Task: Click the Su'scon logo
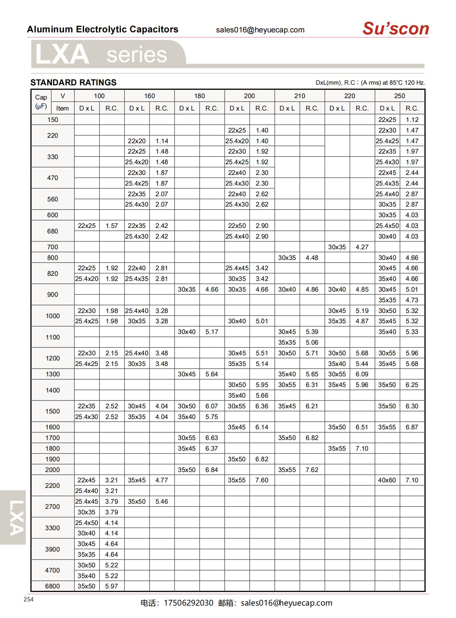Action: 395,29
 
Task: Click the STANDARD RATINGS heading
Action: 73,83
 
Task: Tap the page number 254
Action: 29,599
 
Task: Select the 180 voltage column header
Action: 199,96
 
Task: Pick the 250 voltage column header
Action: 399,96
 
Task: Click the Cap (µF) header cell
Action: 41,102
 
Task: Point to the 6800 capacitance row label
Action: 52,586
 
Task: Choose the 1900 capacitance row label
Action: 52,459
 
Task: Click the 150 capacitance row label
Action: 52,120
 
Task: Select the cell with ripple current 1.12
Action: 412,120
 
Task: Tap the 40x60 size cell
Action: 387,480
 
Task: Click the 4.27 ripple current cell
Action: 362,247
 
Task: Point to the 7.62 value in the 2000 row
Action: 312,470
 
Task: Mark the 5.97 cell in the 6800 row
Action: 112,586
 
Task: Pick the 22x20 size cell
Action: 137,141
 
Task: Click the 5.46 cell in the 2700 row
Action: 162,502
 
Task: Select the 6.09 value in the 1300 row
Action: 362,374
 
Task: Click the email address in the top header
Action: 260,30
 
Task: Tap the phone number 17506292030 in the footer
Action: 189,603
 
